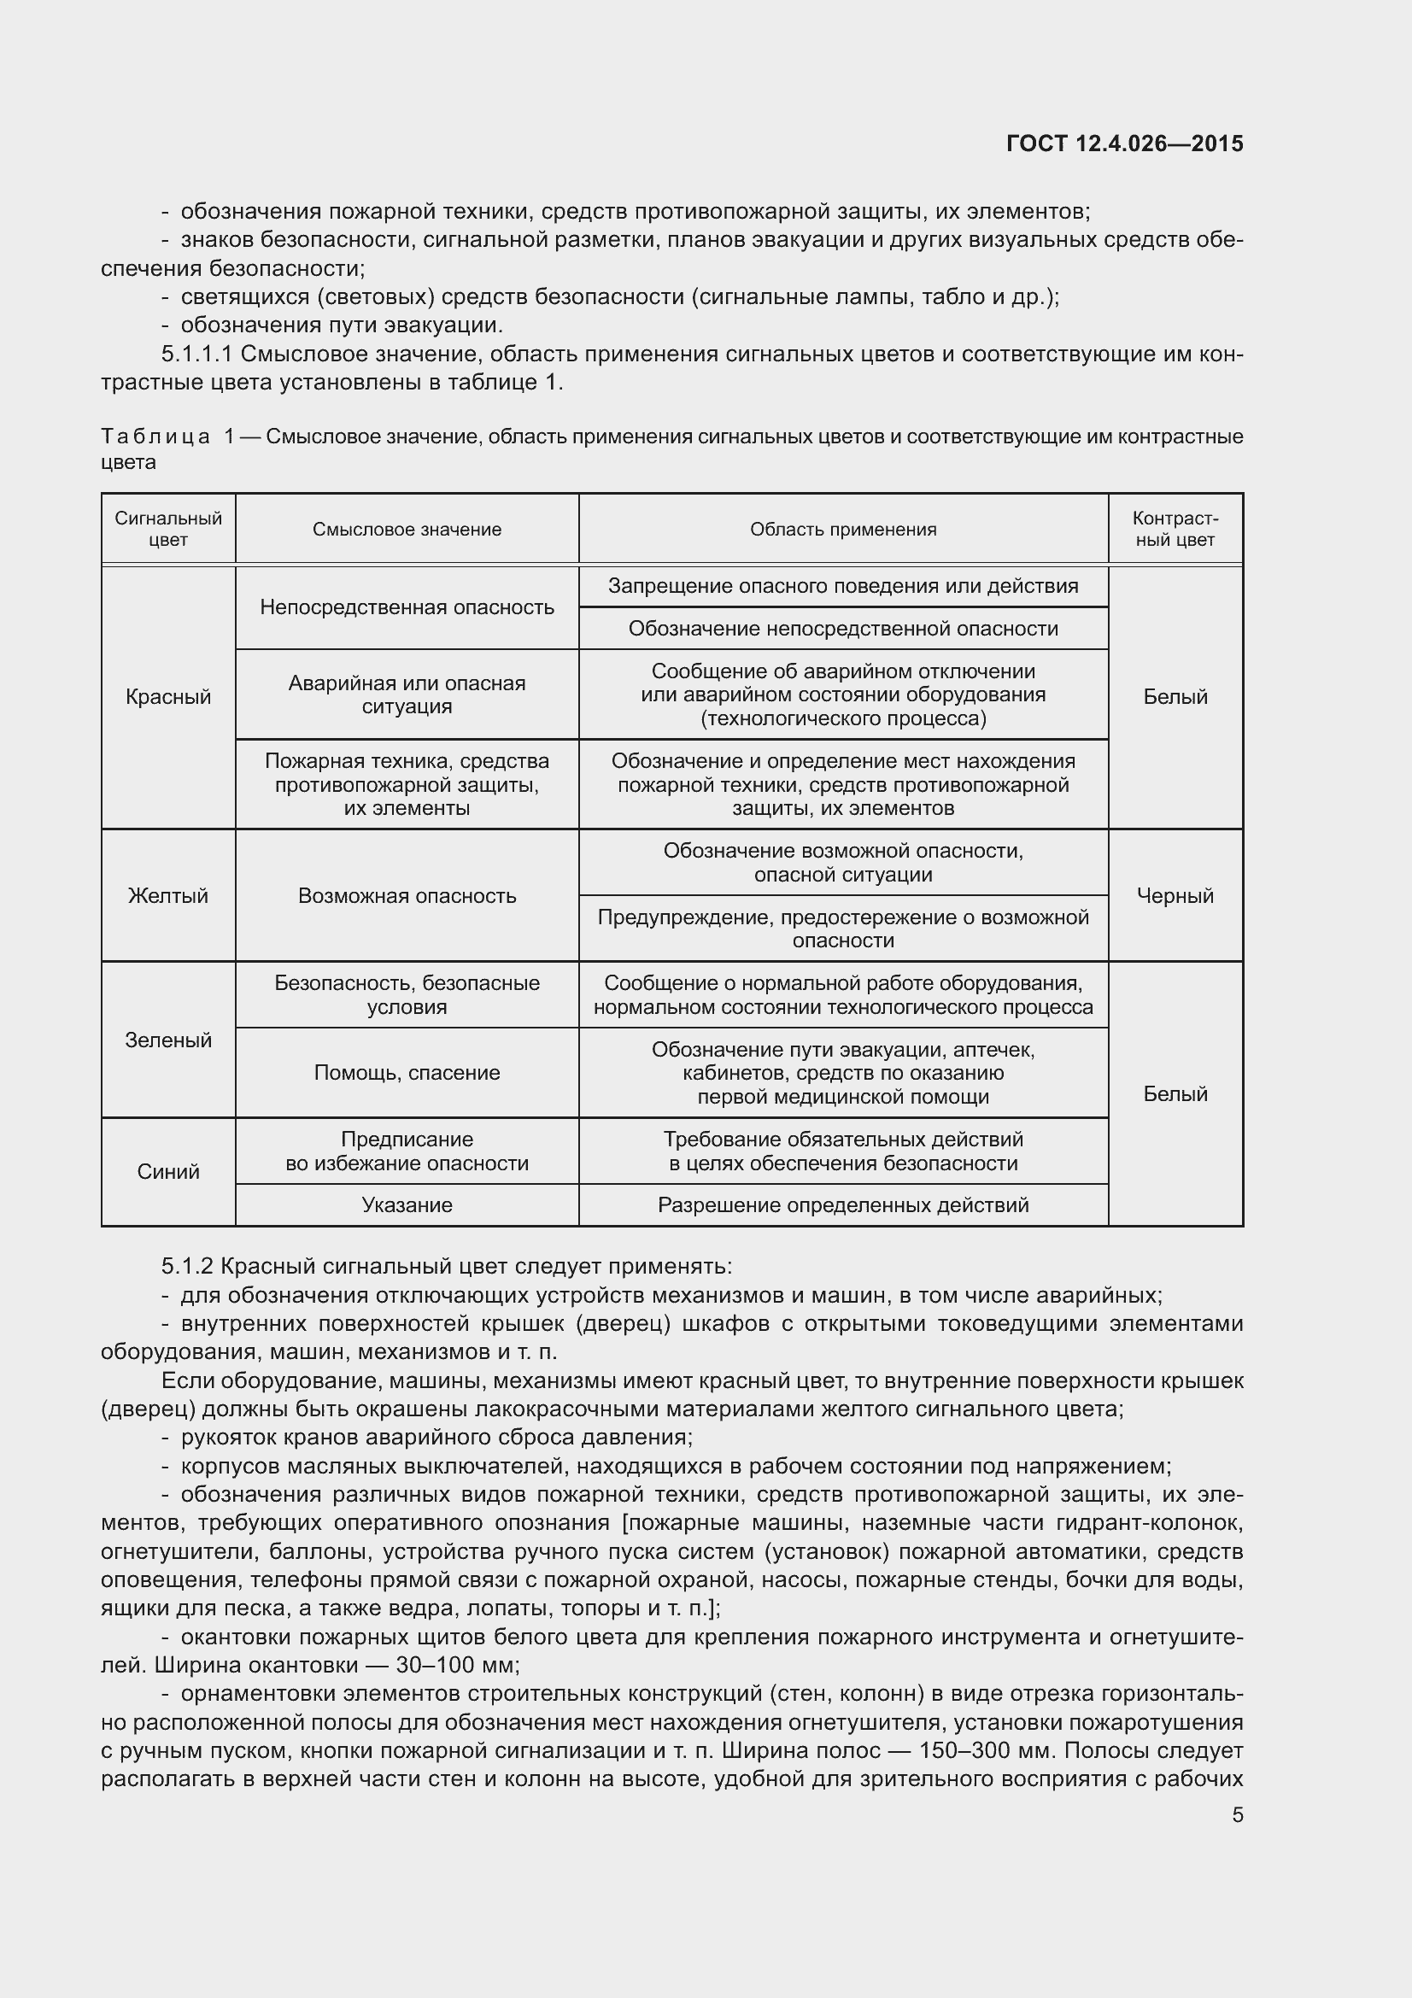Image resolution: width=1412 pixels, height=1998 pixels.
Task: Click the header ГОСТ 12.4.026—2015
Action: pyautogui.click(x=1124, y=144)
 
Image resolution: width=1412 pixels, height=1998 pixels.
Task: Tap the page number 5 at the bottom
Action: pyautogui.click(x=1237, y=1815)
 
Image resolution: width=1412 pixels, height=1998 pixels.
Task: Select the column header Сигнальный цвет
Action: pyautogui.click(x=168, y=529)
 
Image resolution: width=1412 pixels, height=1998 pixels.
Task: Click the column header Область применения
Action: pyautogui.click(x=843, y=529)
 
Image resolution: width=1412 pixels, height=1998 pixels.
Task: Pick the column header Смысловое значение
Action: pyautogui.click(x=407, y=529)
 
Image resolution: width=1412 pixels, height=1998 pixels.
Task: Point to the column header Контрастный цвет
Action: pyautogui.click(x=1175, y=529)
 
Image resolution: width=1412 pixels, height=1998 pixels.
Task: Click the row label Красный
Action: pyautogui.click(x=168, y=697)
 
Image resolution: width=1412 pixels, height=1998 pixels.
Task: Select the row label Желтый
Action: pyautogui.click(x=168, y=895)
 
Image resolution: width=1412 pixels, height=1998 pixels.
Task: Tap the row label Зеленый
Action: pyautogui.click(x=168, y=1040)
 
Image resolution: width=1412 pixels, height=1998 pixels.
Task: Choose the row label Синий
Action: pyautogui.click(x=168, y=1172)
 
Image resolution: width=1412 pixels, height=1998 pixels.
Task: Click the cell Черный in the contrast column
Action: pyautogui.click(x=1175, y=895)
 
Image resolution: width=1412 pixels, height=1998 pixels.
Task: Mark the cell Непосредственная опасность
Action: pyautogui.click(x=407, y=607)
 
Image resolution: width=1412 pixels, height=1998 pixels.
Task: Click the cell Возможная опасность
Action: pyautogui.click(x=407, y=895)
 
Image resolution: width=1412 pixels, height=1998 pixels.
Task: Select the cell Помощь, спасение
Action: pyautogui.click(x=407, y=1073)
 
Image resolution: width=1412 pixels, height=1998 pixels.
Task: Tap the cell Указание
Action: pyautogui.click(x=407, y=1205)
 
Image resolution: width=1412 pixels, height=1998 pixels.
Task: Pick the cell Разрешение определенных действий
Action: pyautogui.click(x=843, y=1205)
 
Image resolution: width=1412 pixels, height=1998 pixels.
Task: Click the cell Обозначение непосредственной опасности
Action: pyautogui.click(x=843, y=629)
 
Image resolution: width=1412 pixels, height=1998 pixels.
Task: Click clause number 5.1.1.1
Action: pyautogui.click(x=196, y=354)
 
